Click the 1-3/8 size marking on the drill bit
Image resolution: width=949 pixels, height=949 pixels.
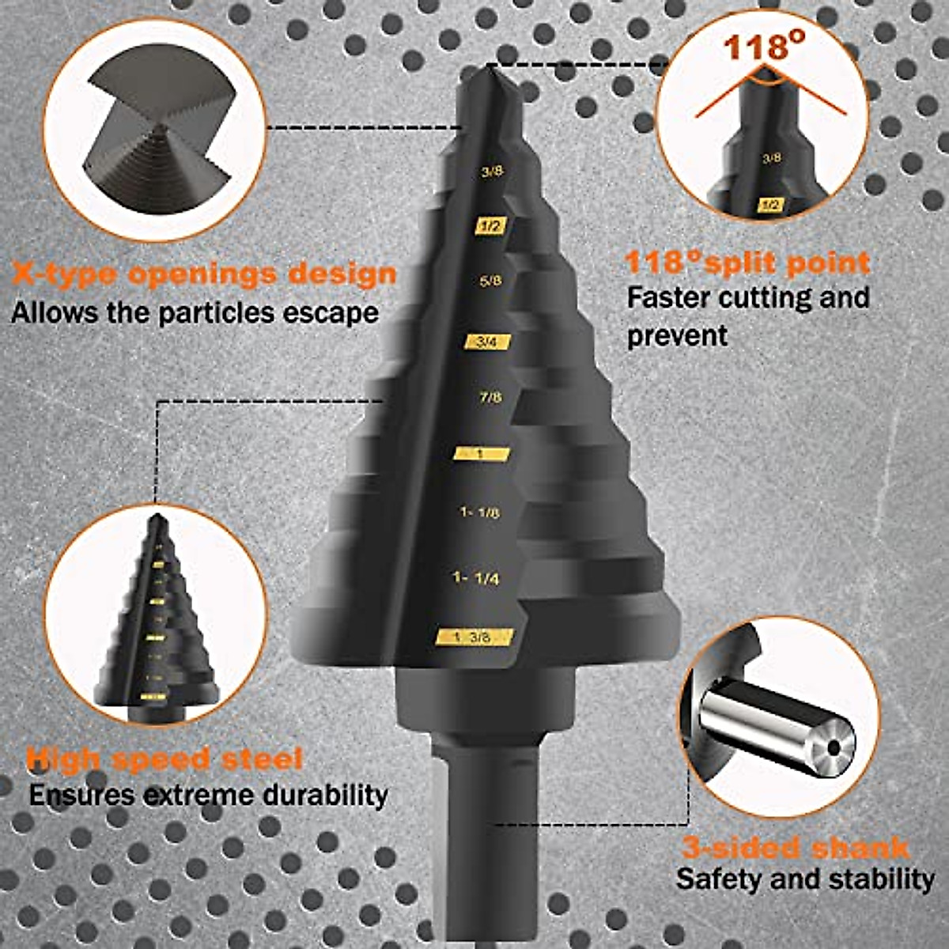click(475, 637)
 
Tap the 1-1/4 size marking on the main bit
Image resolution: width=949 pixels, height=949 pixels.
click(476, 578)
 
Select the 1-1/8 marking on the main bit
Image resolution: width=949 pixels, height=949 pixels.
click(480, 512)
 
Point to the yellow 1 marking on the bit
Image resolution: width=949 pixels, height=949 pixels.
click(481, 454)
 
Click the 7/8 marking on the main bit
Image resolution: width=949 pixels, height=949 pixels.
click(490, 397)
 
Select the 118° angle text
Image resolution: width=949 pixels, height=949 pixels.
click(758, 46)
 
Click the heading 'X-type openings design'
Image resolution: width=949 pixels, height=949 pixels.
click(204, 274)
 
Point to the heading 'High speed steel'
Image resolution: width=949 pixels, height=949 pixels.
click(164, 759)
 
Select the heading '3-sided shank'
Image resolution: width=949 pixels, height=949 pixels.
click(795, 849)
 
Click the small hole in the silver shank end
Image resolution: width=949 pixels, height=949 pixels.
click(833, 745)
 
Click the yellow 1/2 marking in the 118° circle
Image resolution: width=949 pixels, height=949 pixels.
click(770, 205)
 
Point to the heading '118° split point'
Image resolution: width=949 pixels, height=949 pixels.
click(747, 262)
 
